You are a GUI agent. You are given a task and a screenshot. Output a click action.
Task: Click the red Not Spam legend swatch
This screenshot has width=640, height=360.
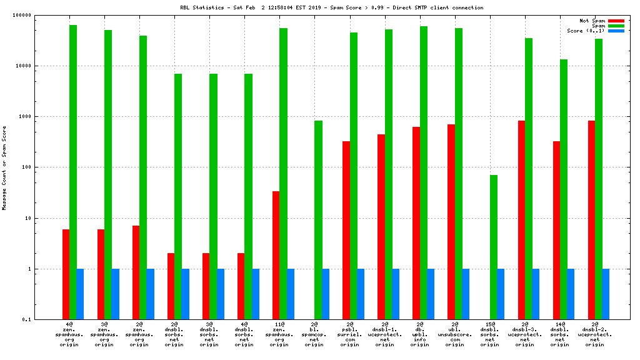coord(616,21)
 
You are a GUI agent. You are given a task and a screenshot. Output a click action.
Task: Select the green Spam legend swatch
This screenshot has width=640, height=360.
coord(616,26)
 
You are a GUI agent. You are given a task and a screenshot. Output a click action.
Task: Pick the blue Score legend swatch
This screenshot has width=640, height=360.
coord(616,31)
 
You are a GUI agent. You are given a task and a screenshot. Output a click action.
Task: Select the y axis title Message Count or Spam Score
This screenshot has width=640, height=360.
coord(4,167)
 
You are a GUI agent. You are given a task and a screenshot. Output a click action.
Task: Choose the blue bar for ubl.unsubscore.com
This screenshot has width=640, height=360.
coord(466,294)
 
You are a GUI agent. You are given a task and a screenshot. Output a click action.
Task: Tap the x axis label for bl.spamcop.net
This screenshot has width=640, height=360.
coord(314,334)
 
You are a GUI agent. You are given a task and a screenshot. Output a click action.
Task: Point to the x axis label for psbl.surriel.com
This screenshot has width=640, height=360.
coord(349,334)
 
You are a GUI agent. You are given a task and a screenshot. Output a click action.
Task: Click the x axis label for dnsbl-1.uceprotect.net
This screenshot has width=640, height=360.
coord(384,334)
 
